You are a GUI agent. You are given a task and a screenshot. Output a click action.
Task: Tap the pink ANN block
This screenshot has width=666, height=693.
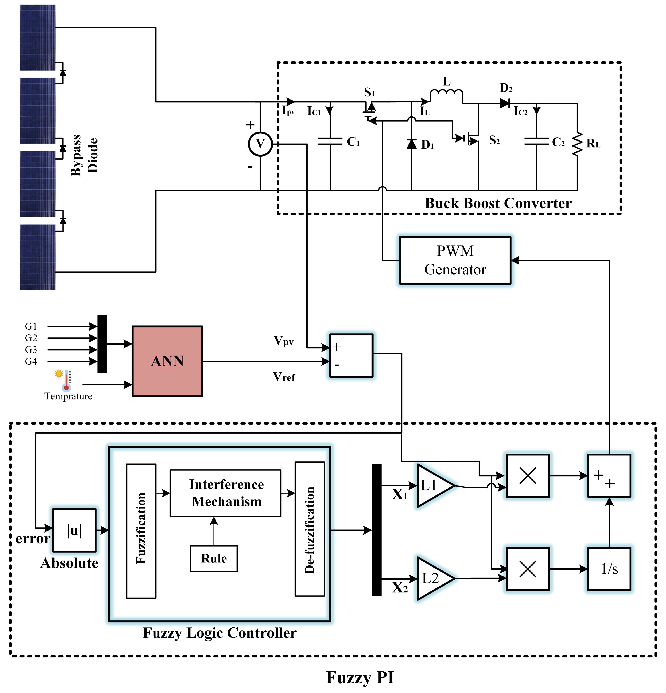tap(167, 361)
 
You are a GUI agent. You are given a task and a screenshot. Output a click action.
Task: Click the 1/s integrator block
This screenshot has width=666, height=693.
tap(609, 569)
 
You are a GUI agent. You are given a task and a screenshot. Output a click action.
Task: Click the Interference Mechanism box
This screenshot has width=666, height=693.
tap(226, 493)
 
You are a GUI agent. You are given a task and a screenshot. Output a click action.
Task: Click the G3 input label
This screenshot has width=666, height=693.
tap(31, 349)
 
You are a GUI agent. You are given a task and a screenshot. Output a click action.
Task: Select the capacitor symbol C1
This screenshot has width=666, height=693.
tap(330, 141)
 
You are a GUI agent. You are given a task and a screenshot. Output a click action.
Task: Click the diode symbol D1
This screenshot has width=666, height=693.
tap(411, 144)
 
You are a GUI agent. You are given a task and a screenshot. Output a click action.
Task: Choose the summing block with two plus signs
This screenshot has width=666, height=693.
tap(609, 476)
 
